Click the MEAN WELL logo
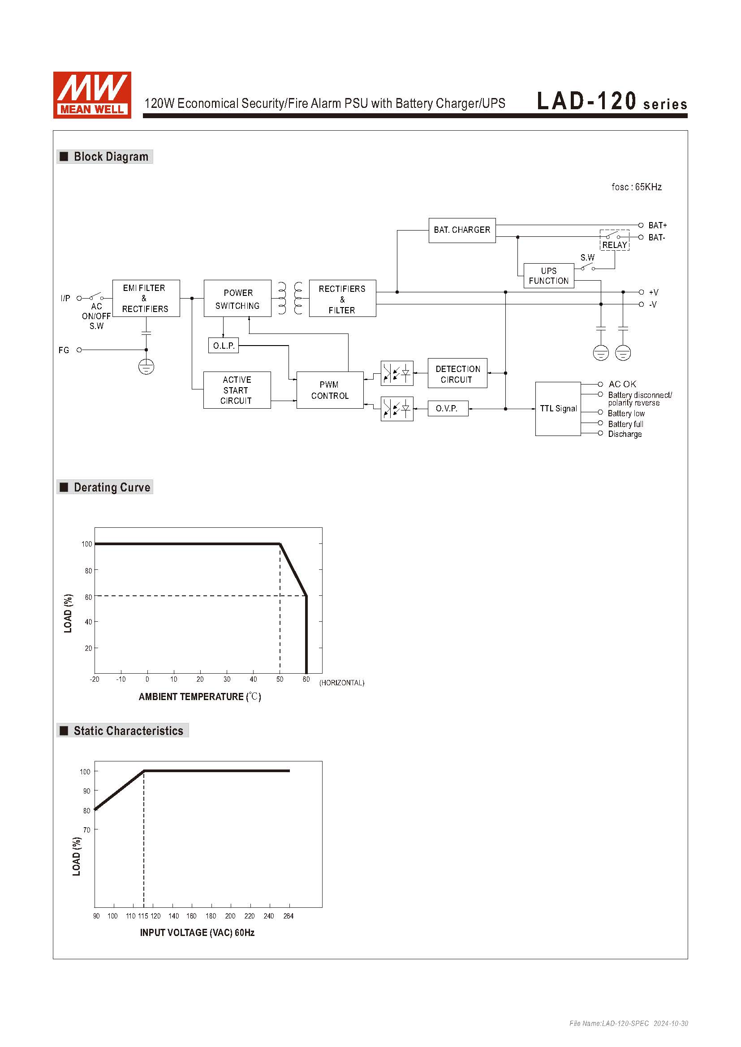[x=92, y=95]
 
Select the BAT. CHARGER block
[x=462, y=230]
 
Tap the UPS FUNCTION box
[x=548, y=276]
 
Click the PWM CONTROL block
[x=330, y=390]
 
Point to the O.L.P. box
[x=223, y=346]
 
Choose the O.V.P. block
[x=448, y=409]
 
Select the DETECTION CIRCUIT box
[x=457, y=374]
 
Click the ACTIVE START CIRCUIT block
[x=237, y=390]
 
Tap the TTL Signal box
[x=558, y=409]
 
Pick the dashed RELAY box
[x=615, y=240]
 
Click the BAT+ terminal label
[x=658, y=225]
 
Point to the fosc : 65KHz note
[x=637, y=187]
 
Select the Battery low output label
[x=626, y=414]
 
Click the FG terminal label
[x=64, y=350]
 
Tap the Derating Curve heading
[x=112, y=487]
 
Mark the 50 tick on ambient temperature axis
[x=280, y=679]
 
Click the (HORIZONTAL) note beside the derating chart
[x=342, y=683]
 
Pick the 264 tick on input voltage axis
[x=289, y=916]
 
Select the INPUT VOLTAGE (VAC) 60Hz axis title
[x=197, y=932]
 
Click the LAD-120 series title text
[x=612, y=101]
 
